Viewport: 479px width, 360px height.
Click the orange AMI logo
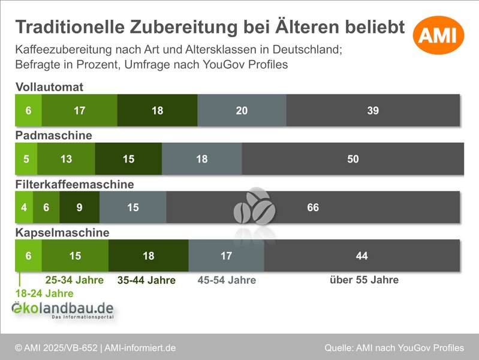point(438,35)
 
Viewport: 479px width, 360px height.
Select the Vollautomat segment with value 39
point(373,110)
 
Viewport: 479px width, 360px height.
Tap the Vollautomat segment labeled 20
point(242,110)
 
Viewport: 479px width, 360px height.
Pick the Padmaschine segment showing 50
point(353,159)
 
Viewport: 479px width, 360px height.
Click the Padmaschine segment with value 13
point(66,159)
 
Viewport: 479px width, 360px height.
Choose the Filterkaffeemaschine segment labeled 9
point(79,207)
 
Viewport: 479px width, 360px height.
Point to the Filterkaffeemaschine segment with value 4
point(24,207)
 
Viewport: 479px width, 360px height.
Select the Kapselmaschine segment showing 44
point(362,256)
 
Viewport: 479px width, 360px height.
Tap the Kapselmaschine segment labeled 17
point(227,256)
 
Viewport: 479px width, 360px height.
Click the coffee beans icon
point(255,206)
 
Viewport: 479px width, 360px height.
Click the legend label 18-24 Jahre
point(44,293)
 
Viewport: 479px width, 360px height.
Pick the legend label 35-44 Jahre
point(147,280)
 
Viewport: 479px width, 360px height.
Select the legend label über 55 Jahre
point(364,280)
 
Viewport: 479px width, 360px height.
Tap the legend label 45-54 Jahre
point(227,280)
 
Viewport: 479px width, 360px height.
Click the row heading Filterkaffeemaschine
point(74,184)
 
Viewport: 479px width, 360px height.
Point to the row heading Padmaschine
point(54,135)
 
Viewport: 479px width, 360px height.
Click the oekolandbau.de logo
point(62,310)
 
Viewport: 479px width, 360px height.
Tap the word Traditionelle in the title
point(70,27)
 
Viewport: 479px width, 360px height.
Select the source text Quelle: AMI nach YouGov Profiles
point(394,348)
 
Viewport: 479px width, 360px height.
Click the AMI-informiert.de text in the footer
point(140,348)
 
